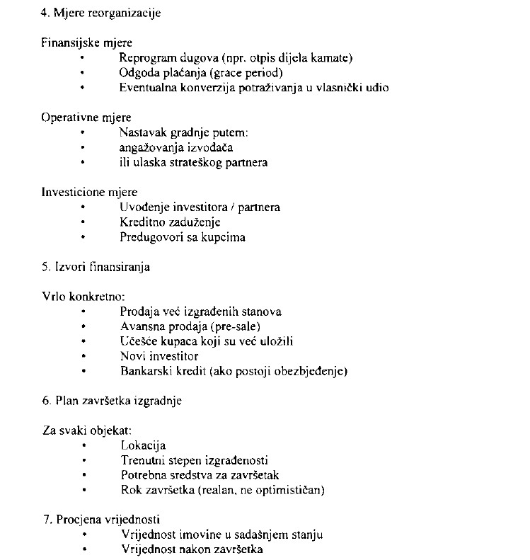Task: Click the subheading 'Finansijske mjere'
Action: pos(86,42)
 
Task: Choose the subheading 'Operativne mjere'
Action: pos(86,118)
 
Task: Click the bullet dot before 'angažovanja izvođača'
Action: pos(83,147)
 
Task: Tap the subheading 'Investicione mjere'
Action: pos(89,192)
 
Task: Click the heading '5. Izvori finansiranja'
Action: pos(96,267)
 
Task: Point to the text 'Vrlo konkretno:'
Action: pos(83,297)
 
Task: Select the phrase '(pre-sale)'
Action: pos(236,326)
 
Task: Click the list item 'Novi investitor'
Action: pos(159,356)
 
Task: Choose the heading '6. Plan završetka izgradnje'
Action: pos(112,401)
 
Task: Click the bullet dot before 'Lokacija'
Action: pos(83,445)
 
